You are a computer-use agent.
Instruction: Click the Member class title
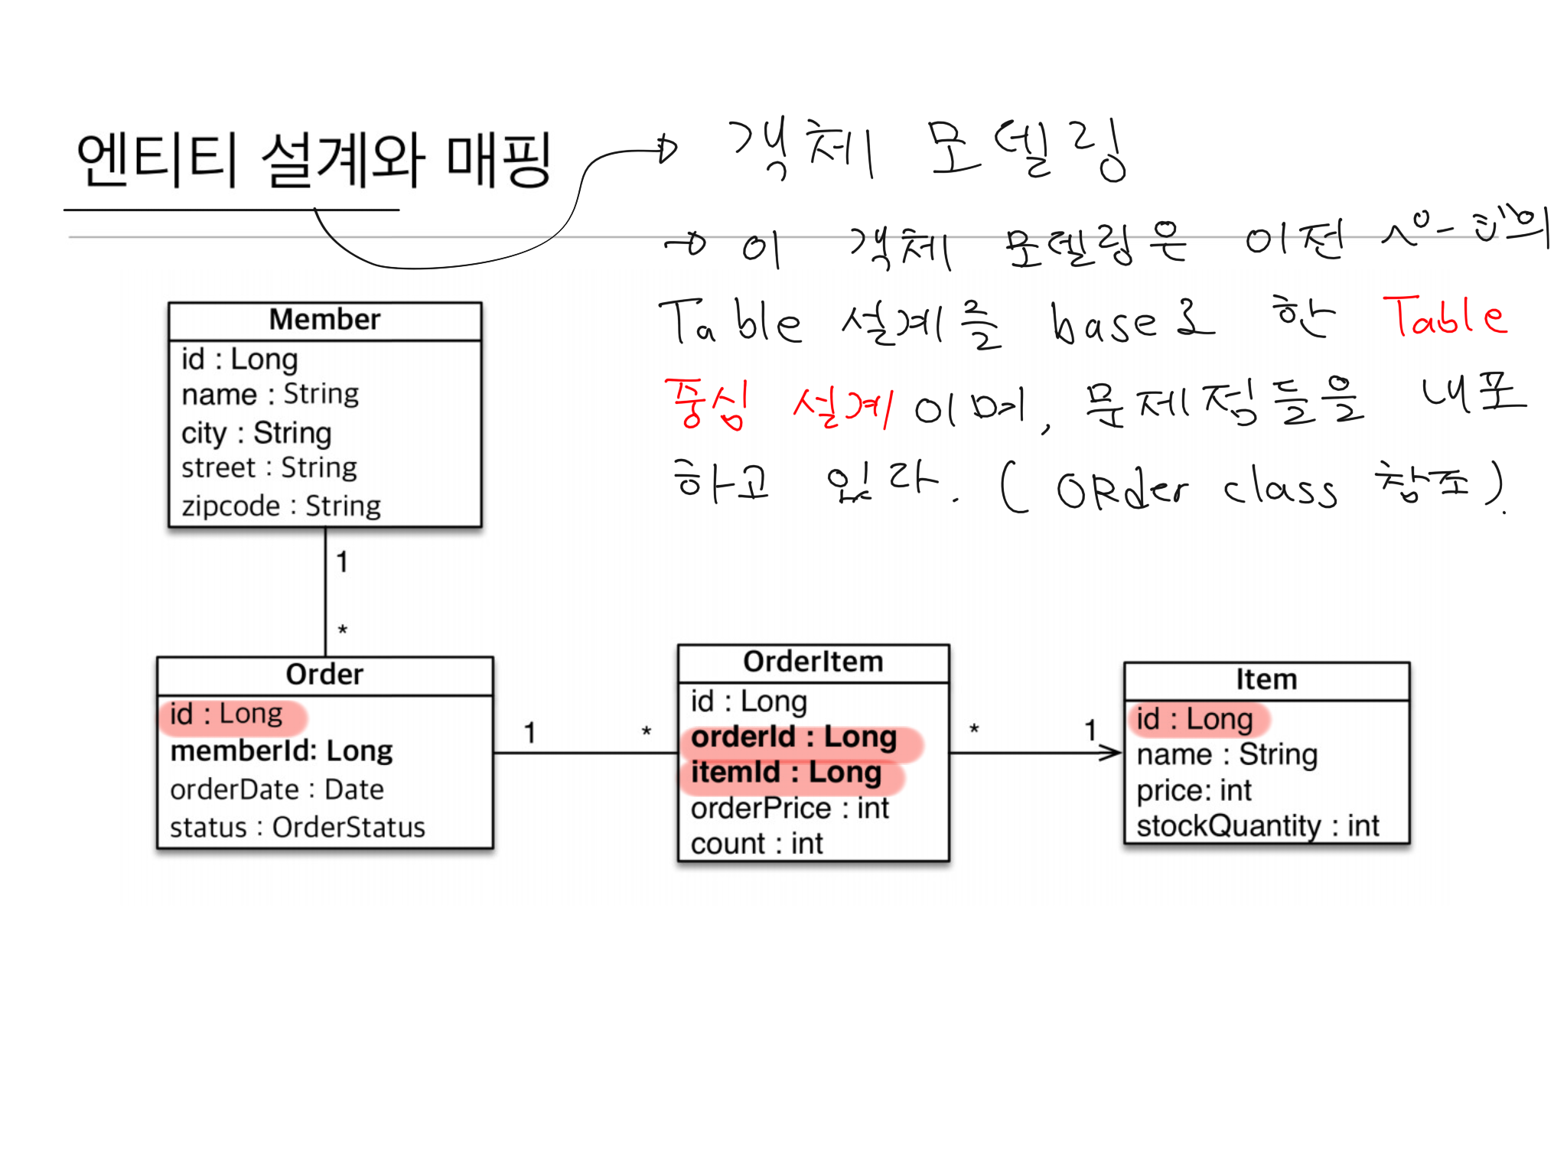coord(324,320)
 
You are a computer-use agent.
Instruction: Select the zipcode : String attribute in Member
coord(281,506)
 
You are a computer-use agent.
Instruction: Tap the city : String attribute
coord(256,433)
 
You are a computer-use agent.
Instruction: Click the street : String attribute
coord(269,467)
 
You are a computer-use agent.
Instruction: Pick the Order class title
coord(324,675)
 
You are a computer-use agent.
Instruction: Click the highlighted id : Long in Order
coord(226,714)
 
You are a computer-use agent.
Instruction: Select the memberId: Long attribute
coord(282,751)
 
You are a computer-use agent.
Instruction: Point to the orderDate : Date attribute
coord(277,789)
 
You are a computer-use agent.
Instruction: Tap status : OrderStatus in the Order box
coord(298,827)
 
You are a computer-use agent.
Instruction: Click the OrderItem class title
coord(813,662)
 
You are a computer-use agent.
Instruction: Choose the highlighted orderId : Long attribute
coord(794,737)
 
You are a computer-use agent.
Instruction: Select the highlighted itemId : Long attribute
coord(787,773)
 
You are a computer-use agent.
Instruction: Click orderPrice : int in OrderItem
coord(790,809)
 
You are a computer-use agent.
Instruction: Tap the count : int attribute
coord(757,844)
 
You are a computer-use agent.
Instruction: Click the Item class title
coord(1266,679)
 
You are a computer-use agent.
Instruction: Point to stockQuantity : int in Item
coord(1258,826)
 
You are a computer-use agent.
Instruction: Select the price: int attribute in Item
coord(1194,790)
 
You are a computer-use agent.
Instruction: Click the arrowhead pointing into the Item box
coord(1113,753)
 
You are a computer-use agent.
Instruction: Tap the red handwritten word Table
coord(1445,317)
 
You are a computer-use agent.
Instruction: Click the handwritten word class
coord(1279,490)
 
